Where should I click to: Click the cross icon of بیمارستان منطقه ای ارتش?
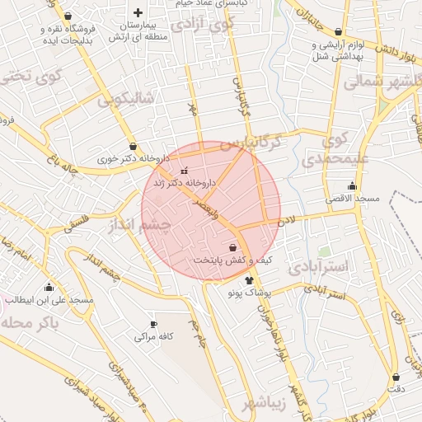point(138,12)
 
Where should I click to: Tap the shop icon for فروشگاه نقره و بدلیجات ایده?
point(67,16)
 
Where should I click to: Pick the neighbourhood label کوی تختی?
point(32,77)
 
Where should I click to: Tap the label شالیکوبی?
point(125,100)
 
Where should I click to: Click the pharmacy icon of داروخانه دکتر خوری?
point(133,147)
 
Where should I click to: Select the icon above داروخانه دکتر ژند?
point(184,171)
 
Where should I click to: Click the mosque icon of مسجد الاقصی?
point(353,185)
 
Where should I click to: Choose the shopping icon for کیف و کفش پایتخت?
point(232,247)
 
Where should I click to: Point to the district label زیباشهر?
point(265,403)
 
